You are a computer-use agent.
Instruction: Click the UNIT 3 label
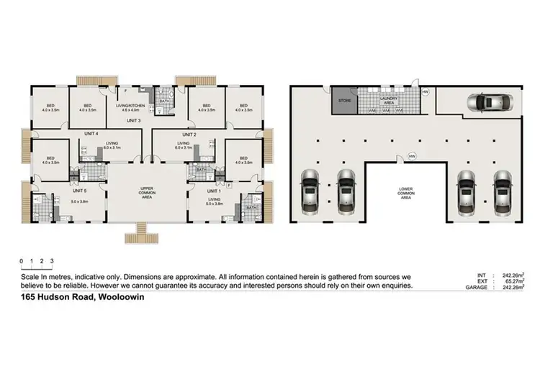134,121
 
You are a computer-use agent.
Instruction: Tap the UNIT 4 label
91,135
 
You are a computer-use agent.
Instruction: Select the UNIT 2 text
189,135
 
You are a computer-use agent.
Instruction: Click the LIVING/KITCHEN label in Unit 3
134,105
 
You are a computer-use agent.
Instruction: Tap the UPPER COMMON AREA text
148,193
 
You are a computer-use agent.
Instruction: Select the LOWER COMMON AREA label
405,194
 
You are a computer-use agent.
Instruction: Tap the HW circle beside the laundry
426,92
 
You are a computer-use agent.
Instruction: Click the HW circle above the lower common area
412,155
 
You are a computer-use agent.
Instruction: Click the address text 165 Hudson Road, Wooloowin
78,298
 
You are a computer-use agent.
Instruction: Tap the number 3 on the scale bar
52,261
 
